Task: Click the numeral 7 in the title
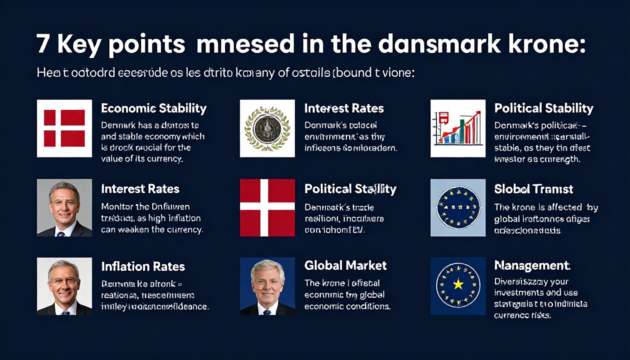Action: tap(43, 44)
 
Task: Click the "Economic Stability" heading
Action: tap(154, 108)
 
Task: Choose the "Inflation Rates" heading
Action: tap(143, 266)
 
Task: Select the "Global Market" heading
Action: tap(345, 265)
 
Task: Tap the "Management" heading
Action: tap(532, 265)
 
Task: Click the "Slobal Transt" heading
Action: tap(533, 189)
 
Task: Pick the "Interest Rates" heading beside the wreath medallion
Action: tap(343, 108)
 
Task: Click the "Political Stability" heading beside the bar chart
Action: tap(544, 108)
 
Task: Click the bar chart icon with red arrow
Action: tap(458, 128)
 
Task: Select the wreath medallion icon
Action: tap(267, 128)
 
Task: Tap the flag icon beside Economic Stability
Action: tap(64, 128)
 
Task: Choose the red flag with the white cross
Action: tap(267, 207)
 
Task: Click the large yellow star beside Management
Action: tap(458, 284)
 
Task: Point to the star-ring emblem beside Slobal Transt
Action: tap(458, 207)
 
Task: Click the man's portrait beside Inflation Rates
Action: tap(64, 286)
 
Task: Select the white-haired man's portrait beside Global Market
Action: tap(267, 286)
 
